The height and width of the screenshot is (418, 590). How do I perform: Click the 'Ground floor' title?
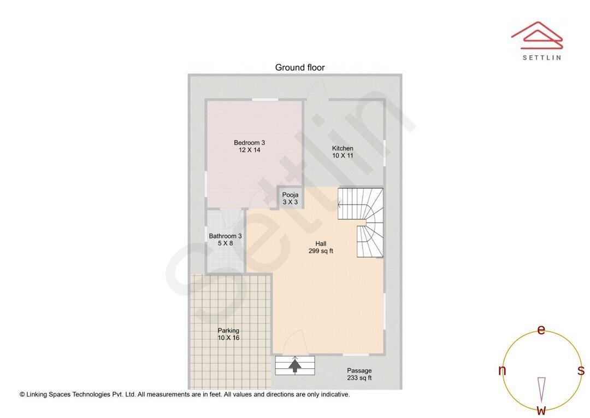299,67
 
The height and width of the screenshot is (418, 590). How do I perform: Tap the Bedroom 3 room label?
249,146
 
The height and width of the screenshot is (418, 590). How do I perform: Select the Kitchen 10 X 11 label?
343,152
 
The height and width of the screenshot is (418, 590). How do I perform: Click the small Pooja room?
290,198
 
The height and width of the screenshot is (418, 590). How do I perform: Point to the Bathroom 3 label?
225,240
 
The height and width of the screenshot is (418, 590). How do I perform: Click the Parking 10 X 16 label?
228,334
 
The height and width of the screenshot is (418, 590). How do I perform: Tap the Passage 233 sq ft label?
359,374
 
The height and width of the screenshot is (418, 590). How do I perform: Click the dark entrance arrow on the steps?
295,365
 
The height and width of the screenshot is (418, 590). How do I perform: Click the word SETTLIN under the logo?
541,57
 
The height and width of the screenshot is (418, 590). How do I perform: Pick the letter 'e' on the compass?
541,329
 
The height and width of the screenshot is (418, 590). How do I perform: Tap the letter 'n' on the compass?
502,370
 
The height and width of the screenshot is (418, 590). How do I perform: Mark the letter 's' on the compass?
581,370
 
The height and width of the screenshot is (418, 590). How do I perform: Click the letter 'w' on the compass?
541,410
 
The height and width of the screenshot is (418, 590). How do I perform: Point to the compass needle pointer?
541,389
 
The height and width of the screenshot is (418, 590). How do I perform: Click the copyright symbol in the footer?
22,394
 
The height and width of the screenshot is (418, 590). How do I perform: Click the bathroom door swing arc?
231,218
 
